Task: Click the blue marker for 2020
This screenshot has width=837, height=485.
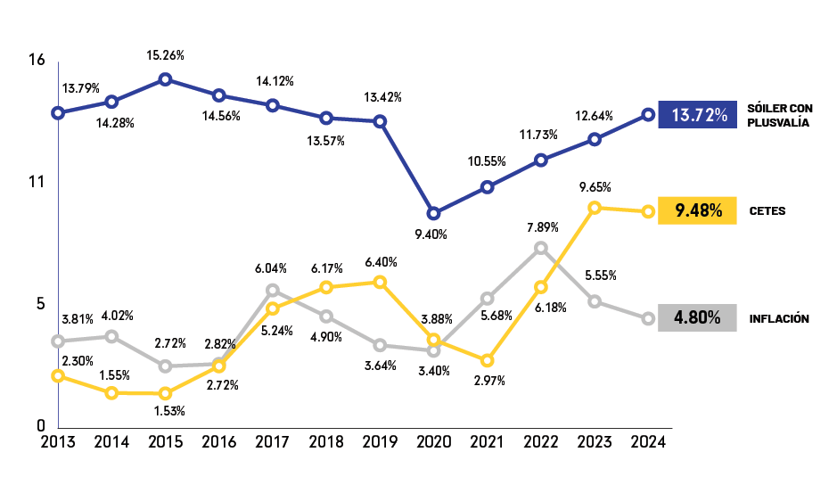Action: click(x=433, y=213)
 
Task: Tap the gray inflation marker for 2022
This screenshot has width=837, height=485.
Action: click(x=540, y=248)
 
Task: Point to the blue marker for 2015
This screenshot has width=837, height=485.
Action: click(x=165, y=79)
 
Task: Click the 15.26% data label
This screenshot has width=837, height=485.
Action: click(x=165, y=55)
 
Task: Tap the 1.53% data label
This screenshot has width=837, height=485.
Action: click(x=168, y=410)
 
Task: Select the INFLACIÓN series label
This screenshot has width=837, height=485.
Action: click(x=779, y=318)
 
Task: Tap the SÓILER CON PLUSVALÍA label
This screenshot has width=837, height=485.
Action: click(x=780, y=115)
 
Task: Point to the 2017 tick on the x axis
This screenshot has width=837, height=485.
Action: click(x=272, y=441)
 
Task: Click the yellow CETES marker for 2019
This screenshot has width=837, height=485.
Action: click(x=380, y=282)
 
